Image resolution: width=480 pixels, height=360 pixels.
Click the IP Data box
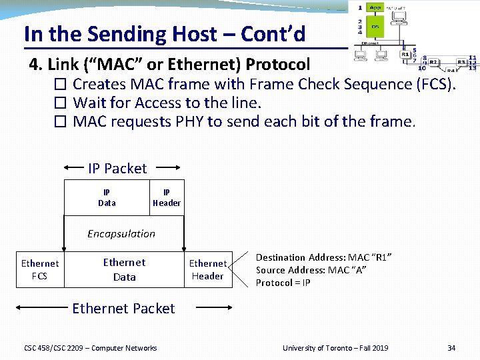pos(107,197)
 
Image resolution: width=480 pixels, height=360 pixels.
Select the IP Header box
pos(167,197)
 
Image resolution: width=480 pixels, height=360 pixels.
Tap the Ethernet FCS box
pos(40,269)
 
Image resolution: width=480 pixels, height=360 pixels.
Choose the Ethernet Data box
pos(124,269)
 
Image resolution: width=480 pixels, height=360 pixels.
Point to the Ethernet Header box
pos(207,269)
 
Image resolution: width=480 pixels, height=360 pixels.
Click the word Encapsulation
pos(121,233)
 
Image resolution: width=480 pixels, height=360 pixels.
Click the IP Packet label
pos(117,169)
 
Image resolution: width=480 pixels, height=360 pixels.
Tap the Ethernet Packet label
pos(123,308)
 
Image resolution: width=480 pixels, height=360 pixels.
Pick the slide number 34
pos(451,348)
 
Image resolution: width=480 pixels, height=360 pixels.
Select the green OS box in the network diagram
pos(375,27)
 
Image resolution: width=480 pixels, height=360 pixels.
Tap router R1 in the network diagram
pos(405,55)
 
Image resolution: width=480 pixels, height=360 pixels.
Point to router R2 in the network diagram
pos(433,62)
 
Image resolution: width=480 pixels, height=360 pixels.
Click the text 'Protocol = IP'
pos(283,283)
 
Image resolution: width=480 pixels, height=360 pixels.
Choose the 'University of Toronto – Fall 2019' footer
pos(335,348)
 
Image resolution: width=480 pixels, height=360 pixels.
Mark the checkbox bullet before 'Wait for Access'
pos(61,103)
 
